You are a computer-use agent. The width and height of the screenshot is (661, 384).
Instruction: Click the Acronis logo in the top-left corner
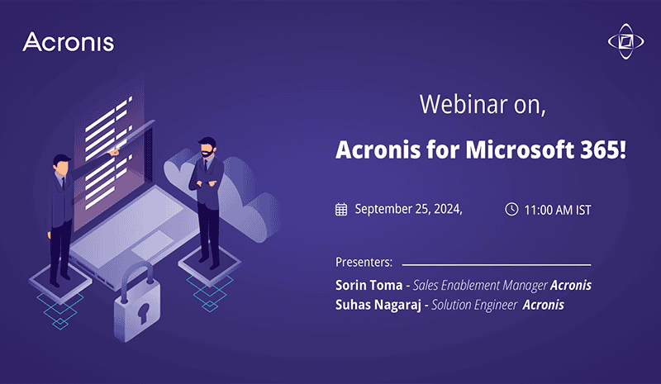point(69,42)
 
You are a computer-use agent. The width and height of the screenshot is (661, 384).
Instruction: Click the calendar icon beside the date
point(341,209)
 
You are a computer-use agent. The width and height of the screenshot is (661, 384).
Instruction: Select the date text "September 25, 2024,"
point(408,209)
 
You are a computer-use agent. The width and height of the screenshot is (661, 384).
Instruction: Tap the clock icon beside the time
point(511,209)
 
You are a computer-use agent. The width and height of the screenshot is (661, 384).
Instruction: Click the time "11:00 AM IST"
point(558,210)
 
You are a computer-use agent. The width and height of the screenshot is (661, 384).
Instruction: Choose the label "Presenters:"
point(364,263)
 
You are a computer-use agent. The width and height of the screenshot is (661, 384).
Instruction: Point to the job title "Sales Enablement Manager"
point(480,285)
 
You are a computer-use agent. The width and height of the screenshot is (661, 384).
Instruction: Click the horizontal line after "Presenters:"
point(496,265)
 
